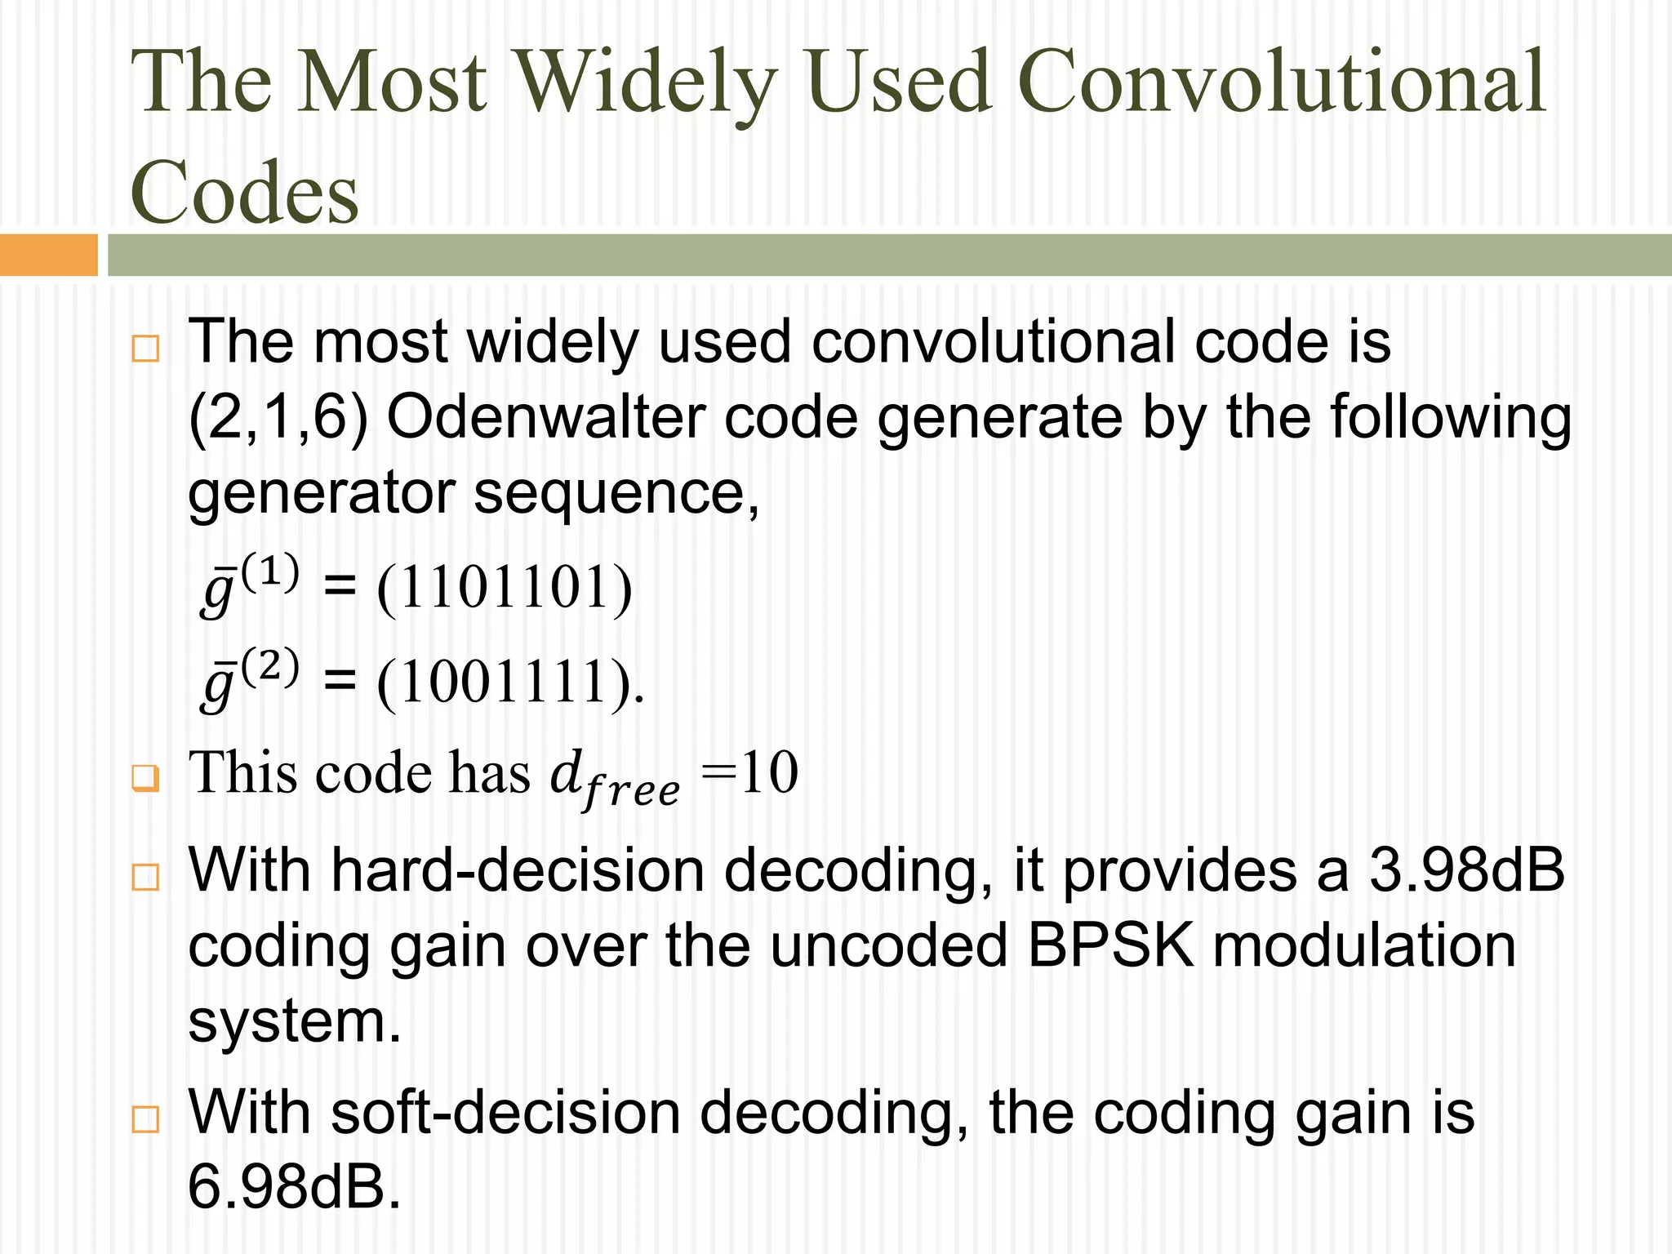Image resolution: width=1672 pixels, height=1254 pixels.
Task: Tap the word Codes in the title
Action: pos(244,193)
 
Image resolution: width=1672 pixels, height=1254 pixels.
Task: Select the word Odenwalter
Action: pos(545,417)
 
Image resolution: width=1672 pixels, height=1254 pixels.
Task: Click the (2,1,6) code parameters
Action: pos(278,419)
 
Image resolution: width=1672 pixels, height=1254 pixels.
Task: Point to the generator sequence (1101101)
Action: pos(504,588)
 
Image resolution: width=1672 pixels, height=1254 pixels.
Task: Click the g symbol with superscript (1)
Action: pos(249,583)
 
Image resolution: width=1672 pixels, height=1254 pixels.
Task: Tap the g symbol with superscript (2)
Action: pos(249,678)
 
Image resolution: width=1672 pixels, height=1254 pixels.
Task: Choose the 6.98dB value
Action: pos(294,1187)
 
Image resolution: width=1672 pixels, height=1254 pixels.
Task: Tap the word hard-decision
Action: pos(518,870)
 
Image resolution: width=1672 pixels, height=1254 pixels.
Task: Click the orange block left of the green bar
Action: pos(48,255)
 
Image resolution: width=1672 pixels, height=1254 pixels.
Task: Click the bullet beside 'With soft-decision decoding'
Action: pos(145,1119)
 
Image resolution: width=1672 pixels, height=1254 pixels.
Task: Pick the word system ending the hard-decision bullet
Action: pos(294,1022)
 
